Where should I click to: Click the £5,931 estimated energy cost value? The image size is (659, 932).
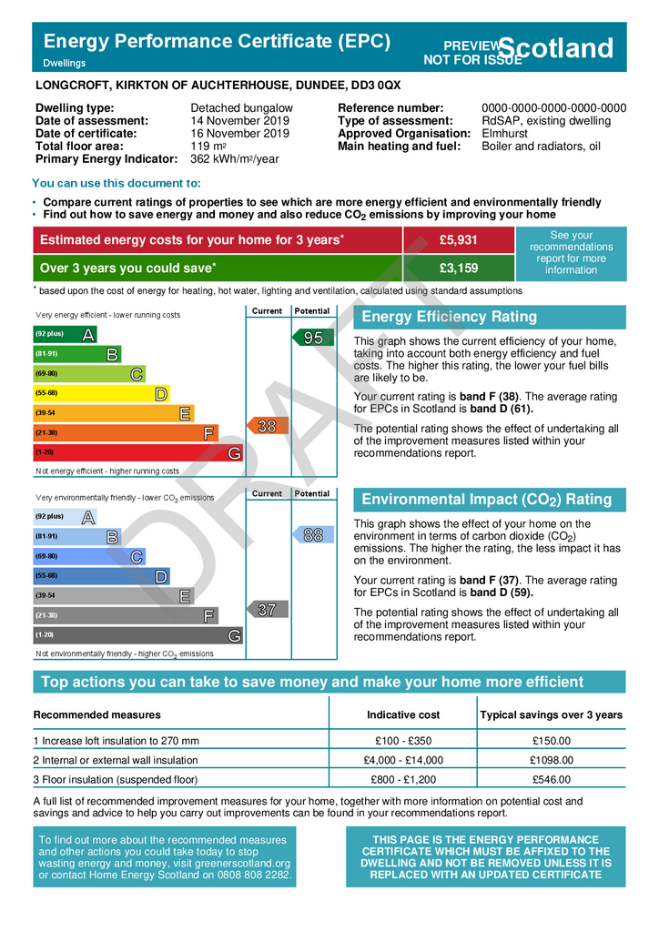pyautogui.click(x=458, y=239)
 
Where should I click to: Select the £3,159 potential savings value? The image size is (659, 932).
pyautogui.click(x=458, y=268)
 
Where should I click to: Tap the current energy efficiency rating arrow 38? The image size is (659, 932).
pyautogui.click(x=267, y=426)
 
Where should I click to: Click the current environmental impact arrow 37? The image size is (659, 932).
pyautogui.click(x=267, y=610)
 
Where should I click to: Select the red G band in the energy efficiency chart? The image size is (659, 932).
pyautogui.click(x=137, y=452)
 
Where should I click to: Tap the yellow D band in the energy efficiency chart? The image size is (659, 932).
pyautogui.click(x=100, y=393)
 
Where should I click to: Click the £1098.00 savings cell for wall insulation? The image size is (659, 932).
pyautogui.click(x=551, y=760)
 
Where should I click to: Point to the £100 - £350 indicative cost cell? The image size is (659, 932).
pyautogui.click(x=403, y=741)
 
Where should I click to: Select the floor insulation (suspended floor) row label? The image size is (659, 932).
pyautogui.click(x=116, y=779)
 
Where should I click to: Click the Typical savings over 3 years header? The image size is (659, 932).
pyautogui.click(x=551, y=714)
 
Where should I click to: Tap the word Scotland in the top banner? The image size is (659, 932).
pyautogui.click(x=557, y=48)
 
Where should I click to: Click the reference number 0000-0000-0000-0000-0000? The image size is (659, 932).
pyautogui.click(x=553, y=108)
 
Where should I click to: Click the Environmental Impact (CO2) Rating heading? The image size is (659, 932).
pyautogui.click(x=487, y=500)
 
